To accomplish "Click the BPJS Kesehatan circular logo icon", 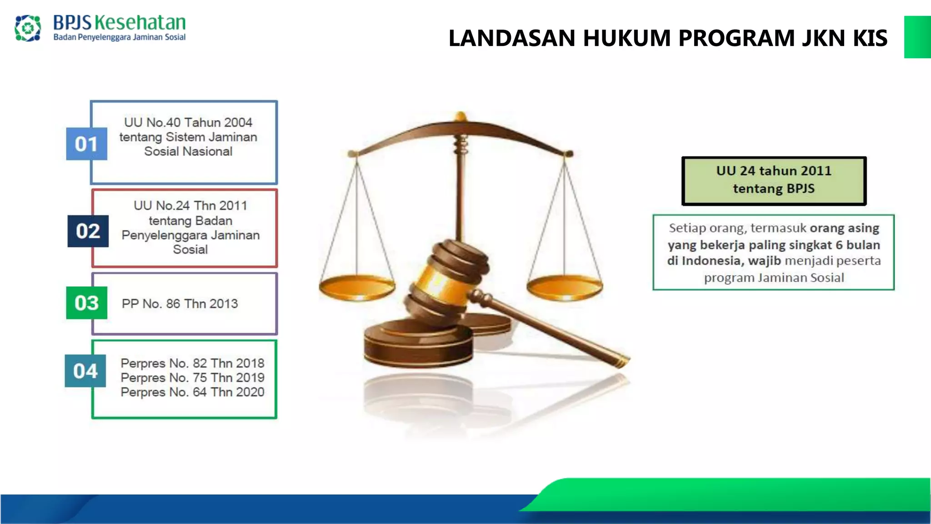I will (x=28, y=28).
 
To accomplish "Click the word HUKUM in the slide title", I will (x=627, y=38).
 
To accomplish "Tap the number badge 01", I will (x=86, y=144).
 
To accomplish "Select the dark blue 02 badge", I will (x=88, y=231).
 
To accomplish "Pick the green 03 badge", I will (x=86, y=303).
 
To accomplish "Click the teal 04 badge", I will (x=85, y=371).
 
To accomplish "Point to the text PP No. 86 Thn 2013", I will (x=180, y=304).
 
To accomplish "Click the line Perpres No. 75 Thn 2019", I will (x=192, y=378).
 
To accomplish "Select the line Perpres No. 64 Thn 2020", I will (x=192, y=392).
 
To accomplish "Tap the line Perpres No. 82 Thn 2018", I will (x=192, y=363).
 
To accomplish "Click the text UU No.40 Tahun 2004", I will (x=188, y=122).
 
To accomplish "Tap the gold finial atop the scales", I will (x=461, y=116).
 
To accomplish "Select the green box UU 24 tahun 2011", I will (x=774, y=181).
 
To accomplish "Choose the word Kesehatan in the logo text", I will (x=140, y=22).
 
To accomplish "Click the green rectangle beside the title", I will (x=917, y=37).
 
